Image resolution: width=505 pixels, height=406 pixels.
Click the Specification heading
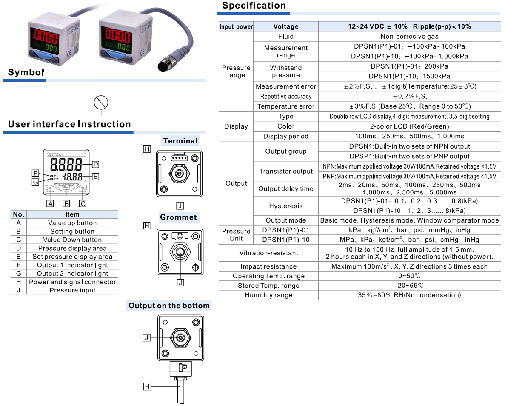(254, 6)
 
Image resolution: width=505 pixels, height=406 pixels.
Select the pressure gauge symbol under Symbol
(101, 103)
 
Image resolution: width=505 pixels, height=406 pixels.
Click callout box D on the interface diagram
(95, 164)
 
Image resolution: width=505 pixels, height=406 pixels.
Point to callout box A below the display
(51, 203)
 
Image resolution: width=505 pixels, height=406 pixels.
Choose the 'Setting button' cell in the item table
(72, 232)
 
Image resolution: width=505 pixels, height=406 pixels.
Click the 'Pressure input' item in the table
(72, 290)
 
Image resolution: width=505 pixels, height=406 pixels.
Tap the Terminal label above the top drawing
(180, 141)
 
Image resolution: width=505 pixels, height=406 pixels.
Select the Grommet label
(178, 217)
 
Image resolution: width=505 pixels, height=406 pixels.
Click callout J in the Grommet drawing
(180, 282)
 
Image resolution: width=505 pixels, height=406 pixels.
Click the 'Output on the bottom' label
(169, 306)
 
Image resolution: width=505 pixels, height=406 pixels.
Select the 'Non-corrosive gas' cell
(409, 37)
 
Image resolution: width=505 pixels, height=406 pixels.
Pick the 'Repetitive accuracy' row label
(285, 97)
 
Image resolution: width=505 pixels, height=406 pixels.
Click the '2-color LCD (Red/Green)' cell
(409, 126)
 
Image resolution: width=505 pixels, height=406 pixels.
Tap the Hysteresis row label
(285, 206)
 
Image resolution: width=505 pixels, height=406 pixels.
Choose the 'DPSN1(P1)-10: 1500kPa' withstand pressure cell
(409, 76)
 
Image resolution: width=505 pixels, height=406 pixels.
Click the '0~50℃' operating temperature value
(409, 276)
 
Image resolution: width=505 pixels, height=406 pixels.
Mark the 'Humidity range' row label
(268, 295)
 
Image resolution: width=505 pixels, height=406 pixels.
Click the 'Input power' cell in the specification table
(236, 26)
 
